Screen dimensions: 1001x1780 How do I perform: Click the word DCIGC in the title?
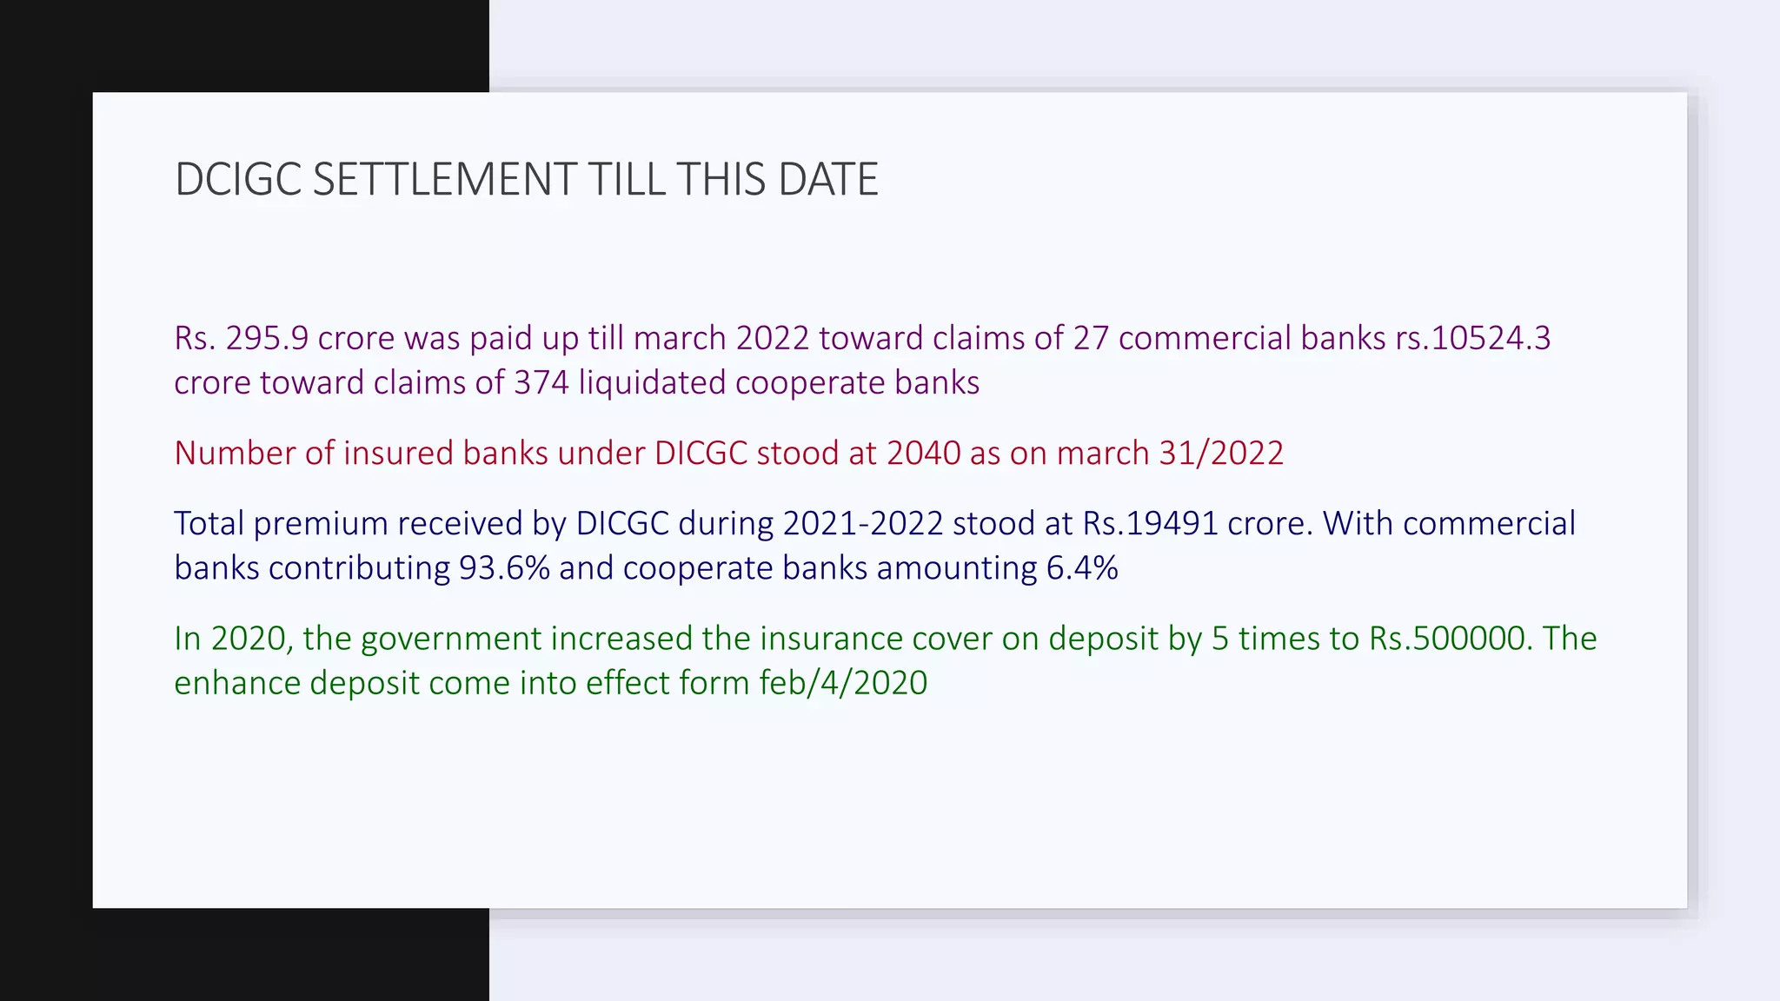237,180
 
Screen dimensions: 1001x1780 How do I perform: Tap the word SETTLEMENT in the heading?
444,180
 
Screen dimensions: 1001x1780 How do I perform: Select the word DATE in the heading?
828,180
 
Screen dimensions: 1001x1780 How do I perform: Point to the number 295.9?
267,338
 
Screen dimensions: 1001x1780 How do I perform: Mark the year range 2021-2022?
862,524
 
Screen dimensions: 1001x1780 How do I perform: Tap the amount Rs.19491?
1150,524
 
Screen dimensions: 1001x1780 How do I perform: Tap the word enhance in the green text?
237,683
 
